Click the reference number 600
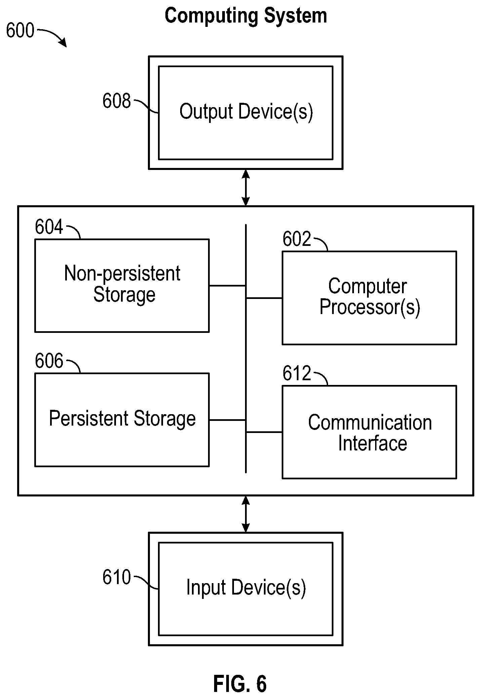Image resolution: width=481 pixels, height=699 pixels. tap(20, 31)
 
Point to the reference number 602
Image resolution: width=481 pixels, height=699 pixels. tap(297, 239)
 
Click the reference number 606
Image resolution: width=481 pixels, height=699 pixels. tap(49, 361)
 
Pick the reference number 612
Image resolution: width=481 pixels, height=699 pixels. tap(297, 373)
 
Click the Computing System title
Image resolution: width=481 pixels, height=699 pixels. tap(246, 16)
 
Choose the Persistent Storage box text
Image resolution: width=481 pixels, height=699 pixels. tap(122, 419)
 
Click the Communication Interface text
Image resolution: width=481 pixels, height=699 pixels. tap(370, 433)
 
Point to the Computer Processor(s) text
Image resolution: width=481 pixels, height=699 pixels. tap(370, 297)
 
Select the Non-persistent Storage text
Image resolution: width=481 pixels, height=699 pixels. tap(122, 284)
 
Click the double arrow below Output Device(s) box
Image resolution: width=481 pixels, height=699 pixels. tap(246, 187)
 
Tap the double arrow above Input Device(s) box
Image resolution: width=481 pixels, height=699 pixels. tap(246, 514)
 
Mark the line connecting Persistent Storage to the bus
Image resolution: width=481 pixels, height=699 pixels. tap(227, 420)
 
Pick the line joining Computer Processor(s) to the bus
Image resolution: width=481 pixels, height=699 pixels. tap(264, 298)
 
